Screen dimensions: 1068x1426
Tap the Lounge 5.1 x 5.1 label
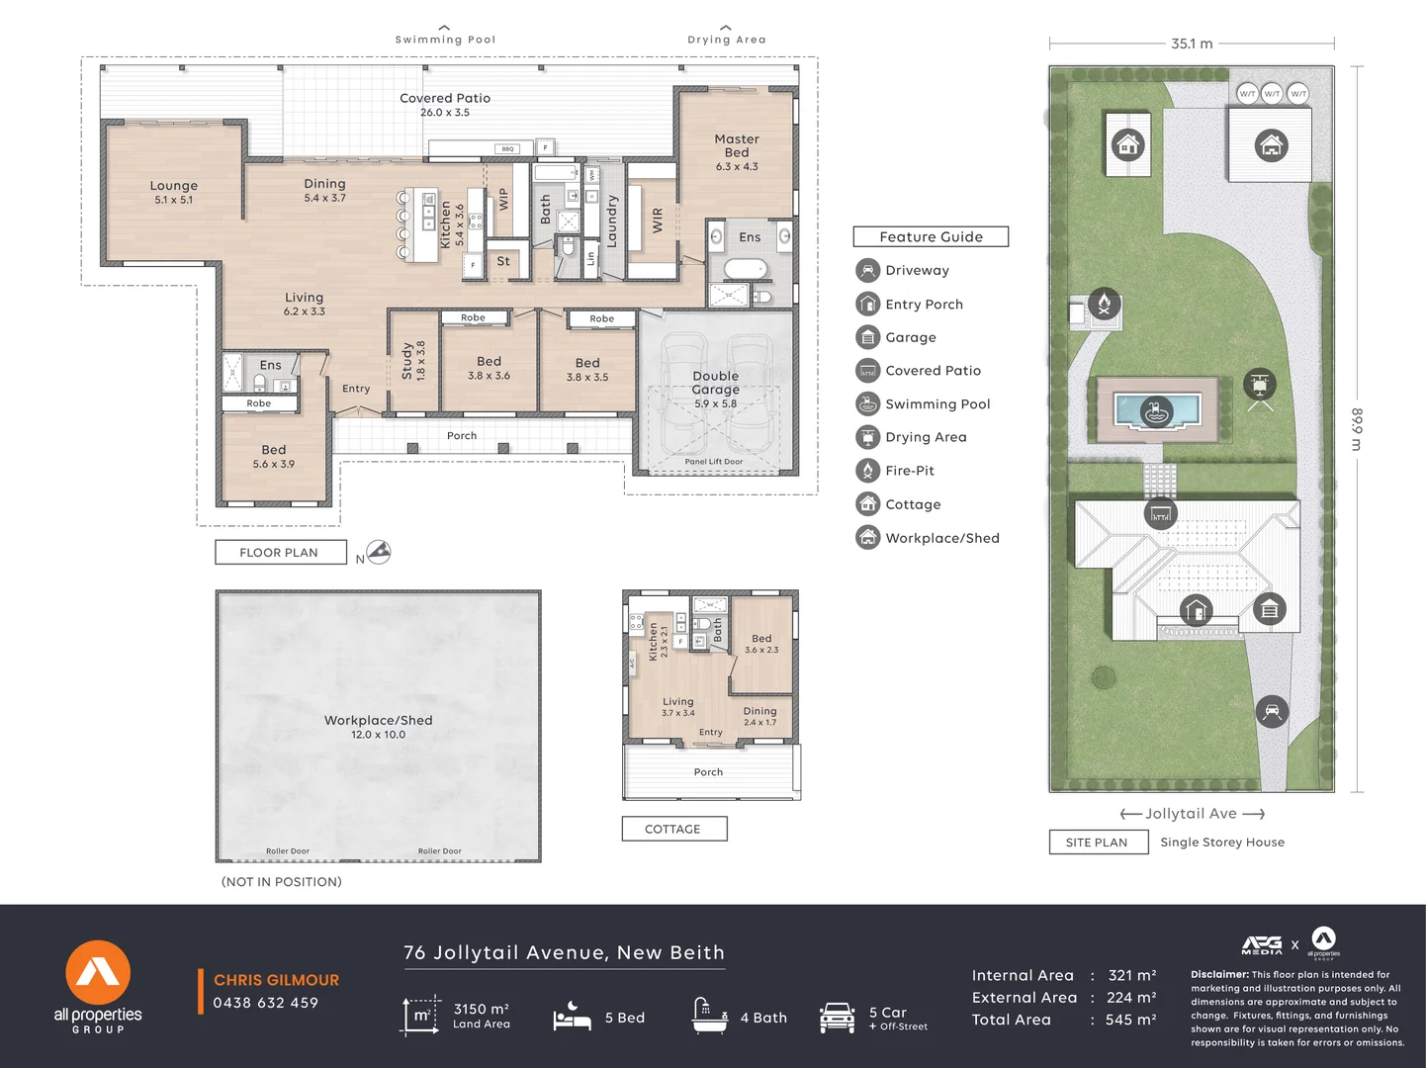(x=174, y=192)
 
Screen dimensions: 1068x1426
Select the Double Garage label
(x=715, y=384)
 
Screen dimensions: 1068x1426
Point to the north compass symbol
(x=378, y=552)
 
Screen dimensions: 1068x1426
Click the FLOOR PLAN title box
(x=280, y=553)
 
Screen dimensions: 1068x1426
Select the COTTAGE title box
(x=673, y=829)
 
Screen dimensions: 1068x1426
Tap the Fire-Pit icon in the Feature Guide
(x=867, y=471)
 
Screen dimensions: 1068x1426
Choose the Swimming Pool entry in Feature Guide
(x=936, y=403)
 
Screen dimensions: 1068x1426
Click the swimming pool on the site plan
(x=1156, y=408)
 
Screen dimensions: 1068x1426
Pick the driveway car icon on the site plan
(x=1272, y=711)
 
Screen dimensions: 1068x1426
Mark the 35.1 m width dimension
(x=1191, y=44)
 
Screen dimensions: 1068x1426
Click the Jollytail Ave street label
(x=1191, y=813)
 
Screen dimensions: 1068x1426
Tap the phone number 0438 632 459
(x=265, y=1003)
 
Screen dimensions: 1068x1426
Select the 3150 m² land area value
(x=481, y=1009)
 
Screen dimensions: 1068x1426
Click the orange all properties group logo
(x=98, y=973)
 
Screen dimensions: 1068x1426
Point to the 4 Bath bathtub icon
(x=709, y=1016)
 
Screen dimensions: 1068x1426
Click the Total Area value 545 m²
(x=1131, y=1020)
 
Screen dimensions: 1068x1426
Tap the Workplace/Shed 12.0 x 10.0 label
(x=378, y=727)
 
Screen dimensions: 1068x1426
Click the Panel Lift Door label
(x=713, y=462)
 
